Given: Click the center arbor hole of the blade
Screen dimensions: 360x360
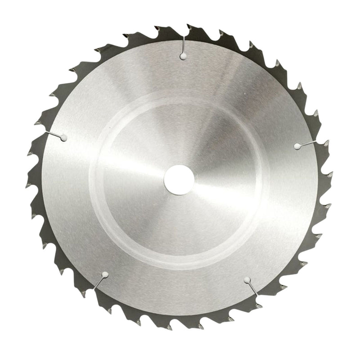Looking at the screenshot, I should tap(179, 180).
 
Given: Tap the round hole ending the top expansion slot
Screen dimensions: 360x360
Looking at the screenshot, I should tap(183, 56).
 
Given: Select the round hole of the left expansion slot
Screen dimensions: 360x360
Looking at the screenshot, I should tap(63, 138).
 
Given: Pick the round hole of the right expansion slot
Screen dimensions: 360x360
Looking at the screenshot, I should tap(297, 146).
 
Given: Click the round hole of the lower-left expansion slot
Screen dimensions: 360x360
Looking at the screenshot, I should tap(105, 274).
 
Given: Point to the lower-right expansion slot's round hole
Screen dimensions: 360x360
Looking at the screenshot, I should tap(247, 280).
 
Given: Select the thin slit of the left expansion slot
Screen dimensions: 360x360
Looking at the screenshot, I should tap(53, 134).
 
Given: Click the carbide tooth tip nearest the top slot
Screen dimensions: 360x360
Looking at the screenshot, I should tap(189, 26).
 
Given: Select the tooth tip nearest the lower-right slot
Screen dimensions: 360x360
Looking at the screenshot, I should tap(258, 306).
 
